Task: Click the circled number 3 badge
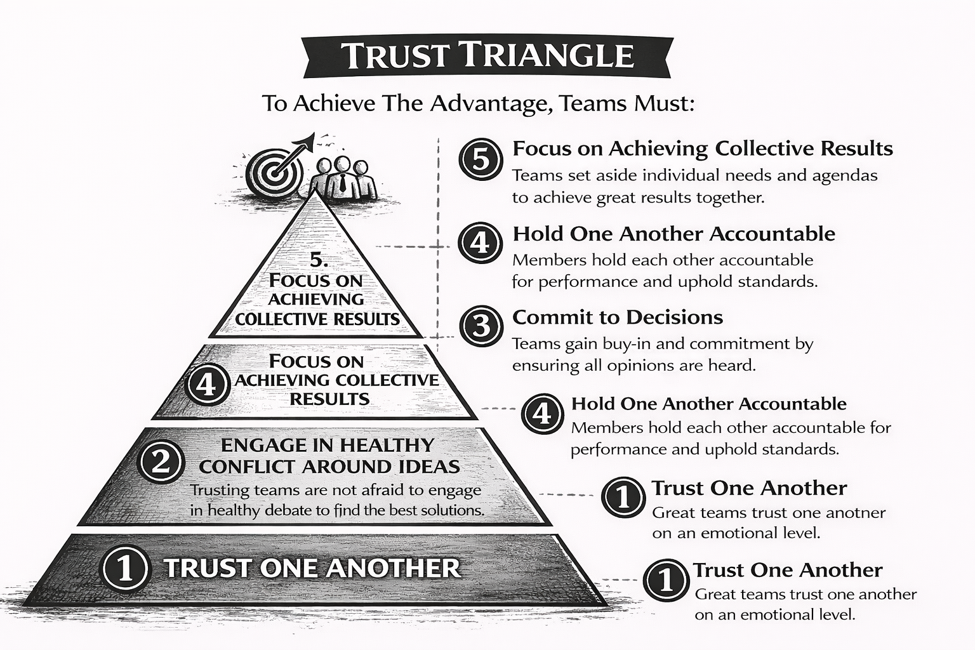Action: pyautogui.click(x=481, y=326)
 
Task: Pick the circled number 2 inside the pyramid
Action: pyautogui.click(x=161, y=461)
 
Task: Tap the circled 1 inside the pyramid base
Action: pyautogui.click(x=125, y=567)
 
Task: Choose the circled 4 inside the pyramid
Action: pyautogui.click(x=207, y=384)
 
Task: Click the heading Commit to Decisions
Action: pyautogui.click(x=617, y=317)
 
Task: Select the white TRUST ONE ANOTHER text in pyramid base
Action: pyautogui.click(x=312, y=567)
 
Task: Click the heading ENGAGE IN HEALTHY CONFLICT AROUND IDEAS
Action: pyautogui.click(x=329, y=455)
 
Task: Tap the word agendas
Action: pyautogui.click(x=845, y=175)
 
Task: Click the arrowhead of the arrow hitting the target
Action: pyautogui.click(x=310, y=139)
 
